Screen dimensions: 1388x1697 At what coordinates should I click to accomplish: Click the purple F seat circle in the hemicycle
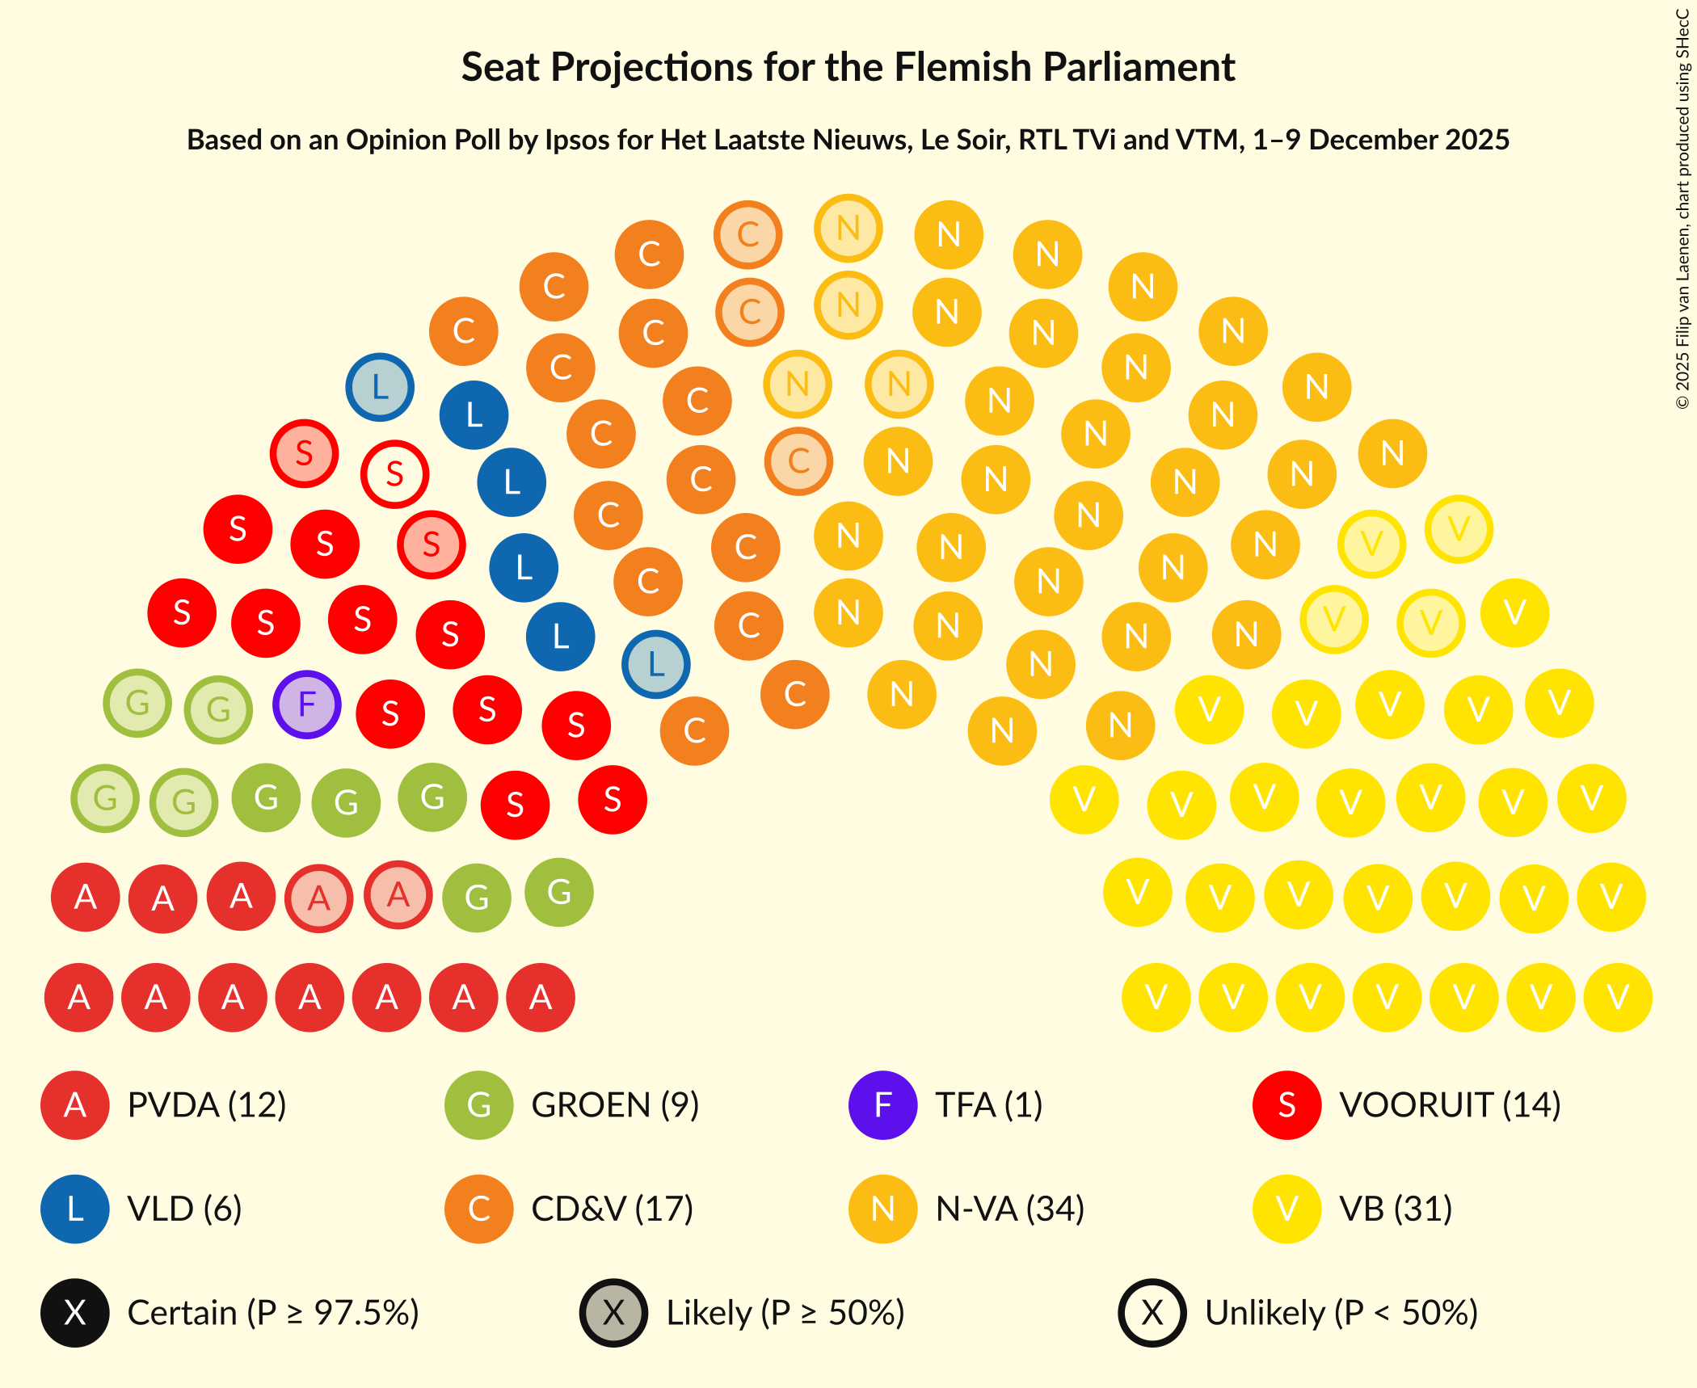[306, 705]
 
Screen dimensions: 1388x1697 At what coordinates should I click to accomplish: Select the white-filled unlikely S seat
[394, 474]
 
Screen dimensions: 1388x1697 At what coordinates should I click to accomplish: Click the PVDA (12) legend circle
[75, 1105]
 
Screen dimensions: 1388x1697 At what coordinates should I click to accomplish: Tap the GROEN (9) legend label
[614, 1105]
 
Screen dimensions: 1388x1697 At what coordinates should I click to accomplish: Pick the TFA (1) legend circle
[882, 1105]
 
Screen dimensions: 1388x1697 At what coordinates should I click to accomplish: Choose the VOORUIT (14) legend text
[1449, 1105]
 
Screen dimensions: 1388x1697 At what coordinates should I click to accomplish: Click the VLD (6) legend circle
[75, 1209]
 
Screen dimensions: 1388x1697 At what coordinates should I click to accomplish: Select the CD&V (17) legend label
[612, 1209]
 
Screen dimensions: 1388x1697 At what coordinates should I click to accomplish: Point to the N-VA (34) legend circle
[882, 1209]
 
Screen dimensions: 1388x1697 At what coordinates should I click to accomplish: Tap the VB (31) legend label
[1395, 1209]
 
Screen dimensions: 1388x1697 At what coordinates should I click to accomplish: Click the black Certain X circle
[75, 1313]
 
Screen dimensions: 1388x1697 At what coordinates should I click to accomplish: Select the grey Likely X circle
[613, 1313]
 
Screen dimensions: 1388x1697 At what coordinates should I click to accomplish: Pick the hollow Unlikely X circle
[1152, 1313]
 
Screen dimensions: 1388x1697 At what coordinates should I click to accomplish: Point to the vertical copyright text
[1682, 210]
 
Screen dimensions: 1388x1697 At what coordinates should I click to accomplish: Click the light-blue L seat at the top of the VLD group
[380, 387]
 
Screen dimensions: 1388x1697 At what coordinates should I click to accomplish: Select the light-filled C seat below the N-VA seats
[798, 461]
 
